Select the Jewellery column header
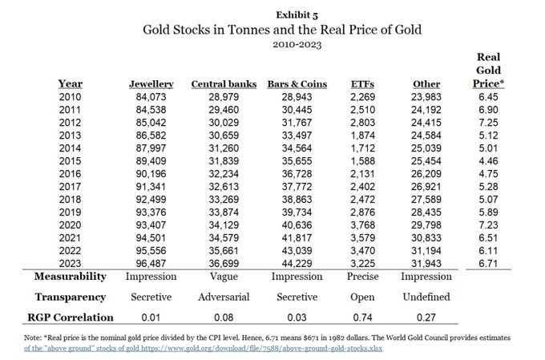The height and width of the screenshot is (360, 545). tap(151, 84)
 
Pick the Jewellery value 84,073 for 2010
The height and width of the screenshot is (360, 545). tap(151, 97)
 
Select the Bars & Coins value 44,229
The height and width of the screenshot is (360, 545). tap(294, 262)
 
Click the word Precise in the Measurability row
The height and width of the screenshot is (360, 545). tap(365, 276)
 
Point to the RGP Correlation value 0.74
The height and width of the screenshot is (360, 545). tap(365, 317)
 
